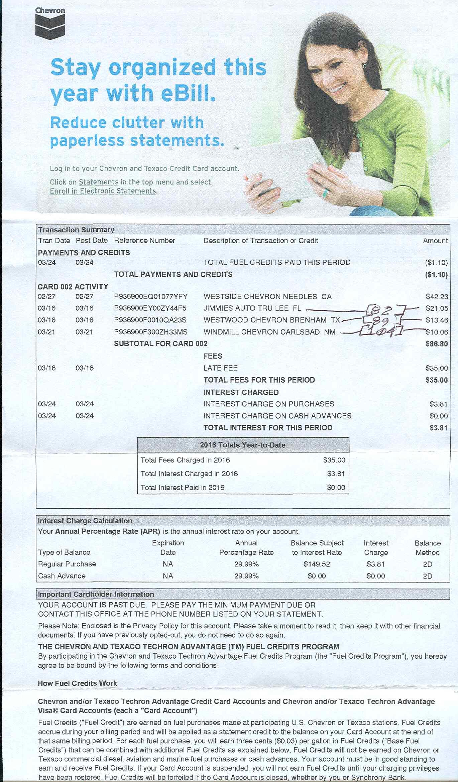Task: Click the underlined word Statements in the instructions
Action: tap(99, 182)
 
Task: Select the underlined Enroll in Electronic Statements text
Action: tap(103, 191)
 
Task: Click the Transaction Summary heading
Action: tap(76, 230)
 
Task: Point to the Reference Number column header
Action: tap(144, 241)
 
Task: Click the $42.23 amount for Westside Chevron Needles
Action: tap(437, 297)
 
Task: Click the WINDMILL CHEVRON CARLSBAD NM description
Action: tap(269, 332)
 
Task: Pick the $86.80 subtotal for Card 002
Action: tap(437, 344)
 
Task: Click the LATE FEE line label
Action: tap(221, 368)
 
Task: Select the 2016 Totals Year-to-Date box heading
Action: tap(243, 445)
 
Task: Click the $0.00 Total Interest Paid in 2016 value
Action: tap(336, 488)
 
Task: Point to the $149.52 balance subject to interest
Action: tap(317, 564)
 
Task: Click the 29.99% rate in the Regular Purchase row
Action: tap(246, 564)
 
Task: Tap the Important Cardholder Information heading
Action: tap(96, 594)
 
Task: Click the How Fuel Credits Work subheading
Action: tap(78, 683)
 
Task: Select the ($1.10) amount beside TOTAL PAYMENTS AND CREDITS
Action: tap(436, 275)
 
